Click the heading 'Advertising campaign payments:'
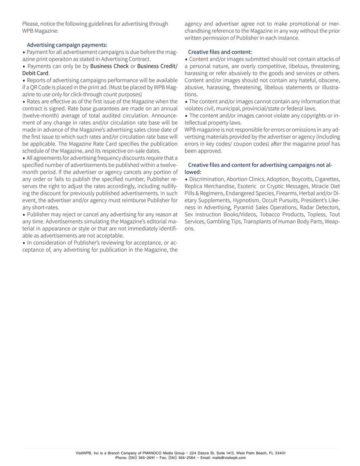tap(67, 45)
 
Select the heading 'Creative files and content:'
tap(220, 52)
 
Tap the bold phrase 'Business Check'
tap(109, 66)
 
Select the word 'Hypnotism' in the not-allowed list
tap(245, 201)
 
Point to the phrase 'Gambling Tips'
tap(224, 222)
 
